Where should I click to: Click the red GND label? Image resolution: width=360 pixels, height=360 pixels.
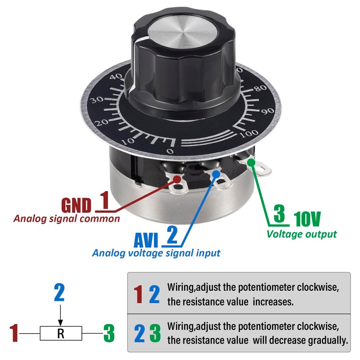(x=76, y=205)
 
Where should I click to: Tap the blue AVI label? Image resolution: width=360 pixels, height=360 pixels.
(x=146, y=240)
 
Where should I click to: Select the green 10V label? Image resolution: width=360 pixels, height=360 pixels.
(x=307, y=219)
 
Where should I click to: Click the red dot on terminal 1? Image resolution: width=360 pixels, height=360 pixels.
(x=177, y=179)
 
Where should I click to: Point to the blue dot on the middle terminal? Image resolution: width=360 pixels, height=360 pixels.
(x=216, y=174)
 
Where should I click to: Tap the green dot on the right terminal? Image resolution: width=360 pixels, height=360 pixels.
(x=252, y=162)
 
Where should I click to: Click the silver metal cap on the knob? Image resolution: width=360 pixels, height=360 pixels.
(x=183, y=32)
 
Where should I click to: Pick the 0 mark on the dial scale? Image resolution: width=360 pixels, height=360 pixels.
(x=170, y=151)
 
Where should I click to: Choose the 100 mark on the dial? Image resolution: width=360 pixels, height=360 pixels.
(x=249, y=133)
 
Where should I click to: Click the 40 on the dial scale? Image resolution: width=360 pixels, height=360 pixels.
(x=116, y=76)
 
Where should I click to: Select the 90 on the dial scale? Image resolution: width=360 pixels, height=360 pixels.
(x=268, y=111)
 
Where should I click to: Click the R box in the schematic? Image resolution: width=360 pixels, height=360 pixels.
(x=61, y=333)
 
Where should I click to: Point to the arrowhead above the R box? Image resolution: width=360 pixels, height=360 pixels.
(x=60, y=323)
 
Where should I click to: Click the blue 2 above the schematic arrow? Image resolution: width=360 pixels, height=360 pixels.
(x=59, y=293)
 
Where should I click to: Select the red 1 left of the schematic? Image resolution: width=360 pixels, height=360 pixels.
(x=14, y=333)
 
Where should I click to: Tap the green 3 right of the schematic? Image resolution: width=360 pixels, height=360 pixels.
(x=109, y=333)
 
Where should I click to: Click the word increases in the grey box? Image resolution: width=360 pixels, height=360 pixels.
(x=273, y=301)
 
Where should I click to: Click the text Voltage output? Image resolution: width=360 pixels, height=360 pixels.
(x=301, y=234)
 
